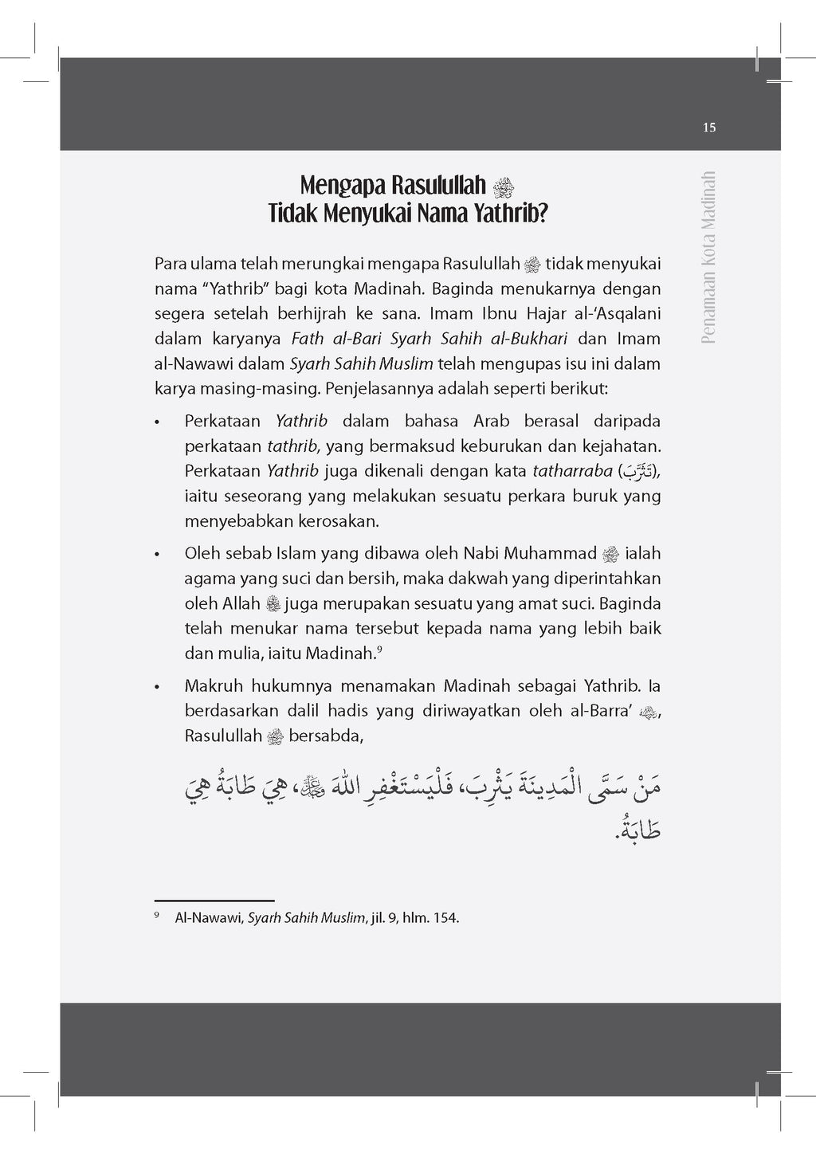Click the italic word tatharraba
point(572,471)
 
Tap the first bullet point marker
point(159,422)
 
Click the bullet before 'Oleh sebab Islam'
point(159,555)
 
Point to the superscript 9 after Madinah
point(380,650)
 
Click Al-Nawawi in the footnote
point(209,918)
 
